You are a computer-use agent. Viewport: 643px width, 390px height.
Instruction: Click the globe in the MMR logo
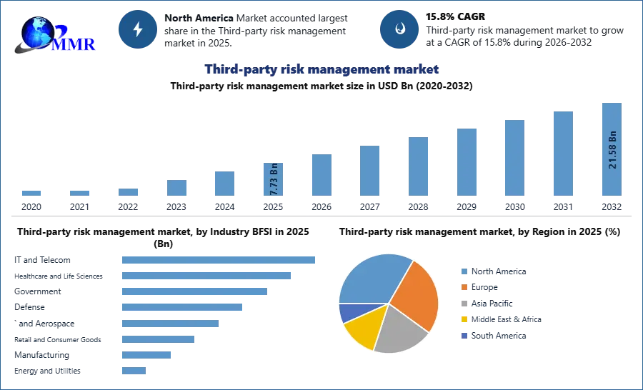[x=38, y=32]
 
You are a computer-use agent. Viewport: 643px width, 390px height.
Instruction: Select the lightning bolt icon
[x=139, y=29]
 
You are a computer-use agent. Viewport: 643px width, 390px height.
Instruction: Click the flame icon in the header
[x=399, y=29]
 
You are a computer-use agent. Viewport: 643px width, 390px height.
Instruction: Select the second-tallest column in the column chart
[x=562, y=154]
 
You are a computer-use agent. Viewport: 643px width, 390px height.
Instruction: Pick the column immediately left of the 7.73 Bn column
[x=223, y=184]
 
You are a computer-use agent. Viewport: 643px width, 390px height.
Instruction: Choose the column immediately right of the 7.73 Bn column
[x=320, y=176]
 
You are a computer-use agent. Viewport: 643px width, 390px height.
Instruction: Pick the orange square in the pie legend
[x=463, y=287]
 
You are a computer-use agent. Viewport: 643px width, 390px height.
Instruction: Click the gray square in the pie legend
[x=463, y=304]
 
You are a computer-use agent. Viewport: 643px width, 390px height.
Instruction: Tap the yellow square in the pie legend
[x=463, y=320]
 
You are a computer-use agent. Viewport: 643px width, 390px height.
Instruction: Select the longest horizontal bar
[x=219, y=260]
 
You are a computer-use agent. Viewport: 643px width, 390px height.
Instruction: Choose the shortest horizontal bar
[x=134, y=371]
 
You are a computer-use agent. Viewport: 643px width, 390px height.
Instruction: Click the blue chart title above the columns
[x=321, y=69]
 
